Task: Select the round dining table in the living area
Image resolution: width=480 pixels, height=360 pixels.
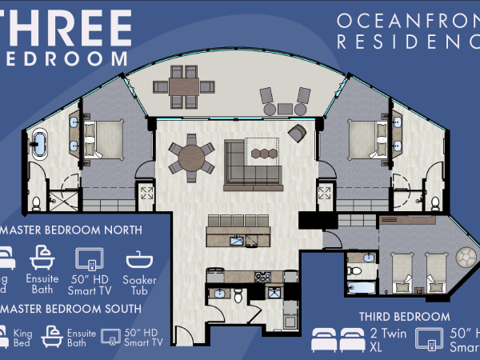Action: point(190,156)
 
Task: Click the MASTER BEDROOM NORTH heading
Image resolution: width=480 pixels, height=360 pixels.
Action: point(72,230)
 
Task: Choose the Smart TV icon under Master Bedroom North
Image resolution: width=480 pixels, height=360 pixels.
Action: point(90,262)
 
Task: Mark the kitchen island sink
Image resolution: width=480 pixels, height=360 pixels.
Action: point(238,239)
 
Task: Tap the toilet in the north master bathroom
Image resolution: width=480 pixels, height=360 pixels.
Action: point(36,202)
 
